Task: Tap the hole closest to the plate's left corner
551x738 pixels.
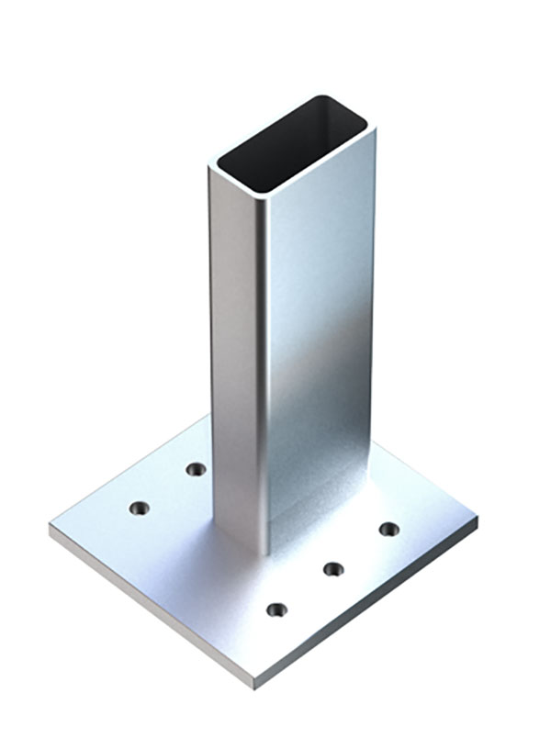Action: (139, 508)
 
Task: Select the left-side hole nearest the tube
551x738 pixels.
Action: (196, 469)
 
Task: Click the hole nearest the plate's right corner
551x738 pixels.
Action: (389, 529)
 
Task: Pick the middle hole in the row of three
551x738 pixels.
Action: (333, 569)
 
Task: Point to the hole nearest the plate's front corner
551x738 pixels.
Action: (276, 609)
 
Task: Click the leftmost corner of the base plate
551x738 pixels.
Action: (51, 529)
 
